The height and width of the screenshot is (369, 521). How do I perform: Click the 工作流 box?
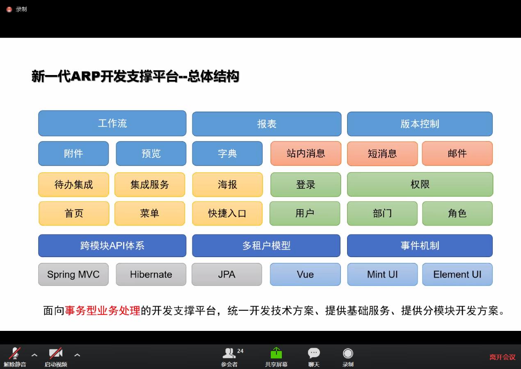[x=112, y=123]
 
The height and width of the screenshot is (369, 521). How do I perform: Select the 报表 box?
[x=267, y=124]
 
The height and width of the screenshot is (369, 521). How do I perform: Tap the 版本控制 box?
[x=420, y=124]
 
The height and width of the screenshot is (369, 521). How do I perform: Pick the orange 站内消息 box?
[x=306, y=153]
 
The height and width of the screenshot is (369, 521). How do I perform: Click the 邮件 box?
[x=457, y=153]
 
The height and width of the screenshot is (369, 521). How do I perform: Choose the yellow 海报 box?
[x=227, y=184]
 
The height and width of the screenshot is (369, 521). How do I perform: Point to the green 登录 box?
[x=306, y=184]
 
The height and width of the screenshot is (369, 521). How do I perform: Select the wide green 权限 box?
[x=420, y=184]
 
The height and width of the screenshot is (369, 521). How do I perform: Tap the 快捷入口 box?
[x=227, y=214]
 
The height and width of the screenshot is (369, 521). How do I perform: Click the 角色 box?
[x=457, y=214]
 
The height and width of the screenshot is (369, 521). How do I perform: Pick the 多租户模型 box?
[x=266, y=246]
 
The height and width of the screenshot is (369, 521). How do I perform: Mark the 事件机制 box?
[x=420, y=246]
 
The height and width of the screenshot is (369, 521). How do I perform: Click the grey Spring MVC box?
[x=73, y=274]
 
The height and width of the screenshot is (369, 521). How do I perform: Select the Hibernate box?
[x=151, y=274]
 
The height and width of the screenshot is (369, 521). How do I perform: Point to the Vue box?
[x=305, y=274]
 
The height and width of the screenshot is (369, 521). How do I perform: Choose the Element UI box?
[x=457, y=274]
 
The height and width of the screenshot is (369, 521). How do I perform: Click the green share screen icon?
[x=276, y=353]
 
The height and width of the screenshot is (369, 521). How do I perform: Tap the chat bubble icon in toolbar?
[x=314, y=353]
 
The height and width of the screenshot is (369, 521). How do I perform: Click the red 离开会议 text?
[x=503, y=357]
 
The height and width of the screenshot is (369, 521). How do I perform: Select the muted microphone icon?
[x=15, y=353]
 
